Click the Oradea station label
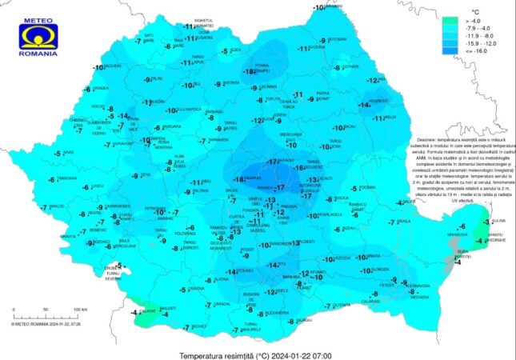[100, 89]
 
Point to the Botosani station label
[338, 39]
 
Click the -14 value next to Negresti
[364, 105]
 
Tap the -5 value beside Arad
[55, 153]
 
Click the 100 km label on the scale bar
[79, 308]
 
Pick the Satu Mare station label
[150, 37]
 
